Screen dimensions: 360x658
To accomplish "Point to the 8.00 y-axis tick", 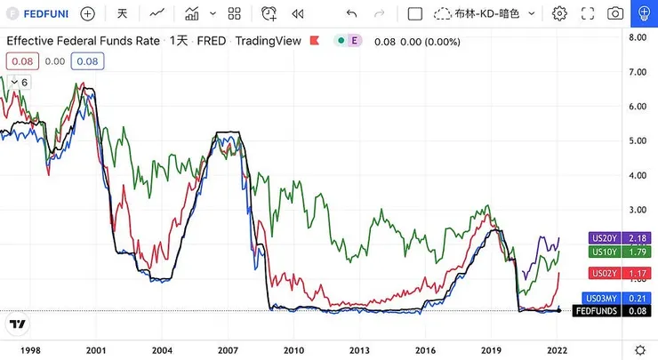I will click(638, 37).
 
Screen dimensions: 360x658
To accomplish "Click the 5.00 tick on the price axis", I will click(638, 140).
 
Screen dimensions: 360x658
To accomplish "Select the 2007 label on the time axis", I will click(228, 349).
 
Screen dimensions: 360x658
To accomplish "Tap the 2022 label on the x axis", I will click(559, 349).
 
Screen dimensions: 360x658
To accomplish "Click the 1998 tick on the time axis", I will click(29, 349).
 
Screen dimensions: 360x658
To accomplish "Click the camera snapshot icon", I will click(614, 13).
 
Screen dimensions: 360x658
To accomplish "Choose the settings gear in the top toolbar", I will click(559, 13).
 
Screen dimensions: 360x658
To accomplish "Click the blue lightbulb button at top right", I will click(643, 13).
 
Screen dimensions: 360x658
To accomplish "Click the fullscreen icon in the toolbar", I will click(587, 13).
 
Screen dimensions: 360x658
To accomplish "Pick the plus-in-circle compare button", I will click(87, 13).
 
